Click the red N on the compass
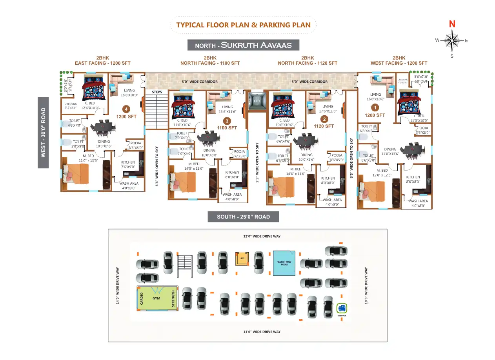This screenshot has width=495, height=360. [x=452, y=24]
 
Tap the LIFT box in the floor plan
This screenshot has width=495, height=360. [x=257, y=101]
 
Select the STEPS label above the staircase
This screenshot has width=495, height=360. [x=157, y=92]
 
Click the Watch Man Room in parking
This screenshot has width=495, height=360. [x=284, y=263]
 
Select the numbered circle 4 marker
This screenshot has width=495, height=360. [x=126, y=109]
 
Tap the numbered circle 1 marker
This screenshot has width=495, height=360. [x=375, y=107]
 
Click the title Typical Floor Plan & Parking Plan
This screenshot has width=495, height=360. [x=243, y=25]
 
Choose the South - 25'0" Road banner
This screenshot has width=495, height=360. [x=243, y=216]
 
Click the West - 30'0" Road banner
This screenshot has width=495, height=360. [x=43, y=133]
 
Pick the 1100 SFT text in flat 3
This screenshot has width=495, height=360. [x=227, y=128]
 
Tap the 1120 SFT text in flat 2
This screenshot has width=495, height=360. [x=324, y=126]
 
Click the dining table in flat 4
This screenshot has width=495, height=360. [x=103, y=127]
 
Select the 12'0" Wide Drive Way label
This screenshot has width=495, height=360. [x=262, y=236]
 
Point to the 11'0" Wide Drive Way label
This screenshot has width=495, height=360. [x=262, y=332]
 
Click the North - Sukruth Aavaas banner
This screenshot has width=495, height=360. [x=243, y=45]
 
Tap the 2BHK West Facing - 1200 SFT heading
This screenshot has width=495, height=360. [x=399, y=60]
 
